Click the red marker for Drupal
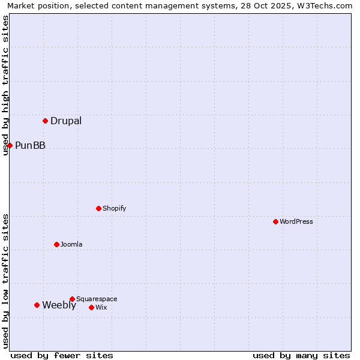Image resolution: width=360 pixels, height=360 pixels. [45, 121]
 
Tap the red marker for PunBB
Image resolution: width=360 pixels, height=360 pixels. [10, 145]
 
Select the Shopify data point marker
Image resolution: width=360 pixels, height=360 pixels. [98, 208]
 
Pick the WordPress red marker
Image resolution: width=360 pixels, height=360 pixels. [275, 221]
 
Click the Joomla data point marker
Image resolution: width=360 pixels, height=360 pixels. [56, 244]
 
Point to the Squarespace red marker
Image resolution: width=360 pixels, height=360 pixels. [72, 299]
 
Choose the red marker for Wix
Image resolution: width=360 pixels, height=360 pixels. [91, 307]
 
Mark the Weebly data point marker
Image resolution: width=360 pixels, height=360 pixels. [37, 305]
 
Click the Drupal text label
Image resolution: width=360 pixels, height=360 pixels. [66, 121]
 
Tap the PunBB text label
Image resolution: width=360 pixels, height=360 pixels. [30, 145]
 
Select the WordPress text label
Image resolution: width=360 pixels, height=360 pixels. [296, 221]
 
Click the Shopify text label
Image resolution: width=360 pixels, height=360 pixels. [114, 208]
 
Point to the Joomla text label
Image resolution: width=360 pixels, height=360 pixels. [71, 244]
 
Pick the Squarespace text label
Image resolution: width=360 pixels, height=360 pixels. [97, 299]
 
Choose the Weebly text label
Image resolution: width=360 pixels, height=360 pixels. [59, 305]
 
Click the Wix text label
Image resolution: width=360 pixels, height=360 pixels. [101, 307]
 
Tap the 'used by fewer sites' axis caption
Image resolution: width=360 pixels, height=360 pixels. [62, 355]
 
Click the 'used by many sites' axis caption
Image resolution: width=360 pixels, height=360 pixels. [301, 355]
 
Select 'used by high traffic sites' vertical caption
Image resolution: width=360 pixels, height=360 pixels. [6, 85]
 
